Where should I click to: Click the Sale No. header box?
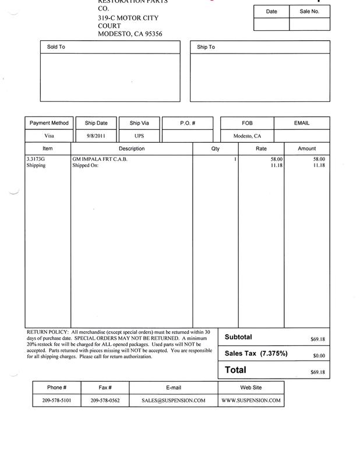coord(309,11)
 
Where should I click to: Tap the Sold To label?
coord(56,47)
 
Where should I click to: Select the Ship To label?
coord(206,47)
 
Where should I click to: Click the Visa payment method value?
coord(49,136)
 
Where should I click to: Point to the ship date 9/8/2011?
coord(96,136)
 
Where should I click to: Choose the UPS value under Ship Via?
coord(139,136)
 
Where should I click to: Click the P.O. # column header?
coord(186,123)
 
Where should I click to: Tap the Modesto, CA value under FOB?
coord(247,136)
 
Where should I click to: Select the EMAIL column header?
coord(302,123)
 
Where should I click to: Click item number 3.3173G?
coord(36,158)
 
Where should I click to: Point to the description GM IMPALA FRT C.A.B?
coord(100,158)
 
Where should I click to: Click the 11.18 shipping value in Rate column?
coord(276,165)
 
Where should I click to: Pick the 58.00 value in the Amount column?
coord(319,158)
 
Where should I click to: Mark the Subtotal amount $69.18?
coord(319,338)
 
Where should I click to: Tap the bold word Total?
coord(235,370)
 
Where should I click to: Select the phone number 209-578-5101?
coord(57,401)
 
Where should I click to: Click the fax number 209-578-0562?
coord(105,401)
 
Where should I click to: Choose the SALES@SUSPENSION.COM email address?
coord(174,401)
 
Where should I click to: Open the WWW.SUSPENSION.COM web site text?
coord(251,401)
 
